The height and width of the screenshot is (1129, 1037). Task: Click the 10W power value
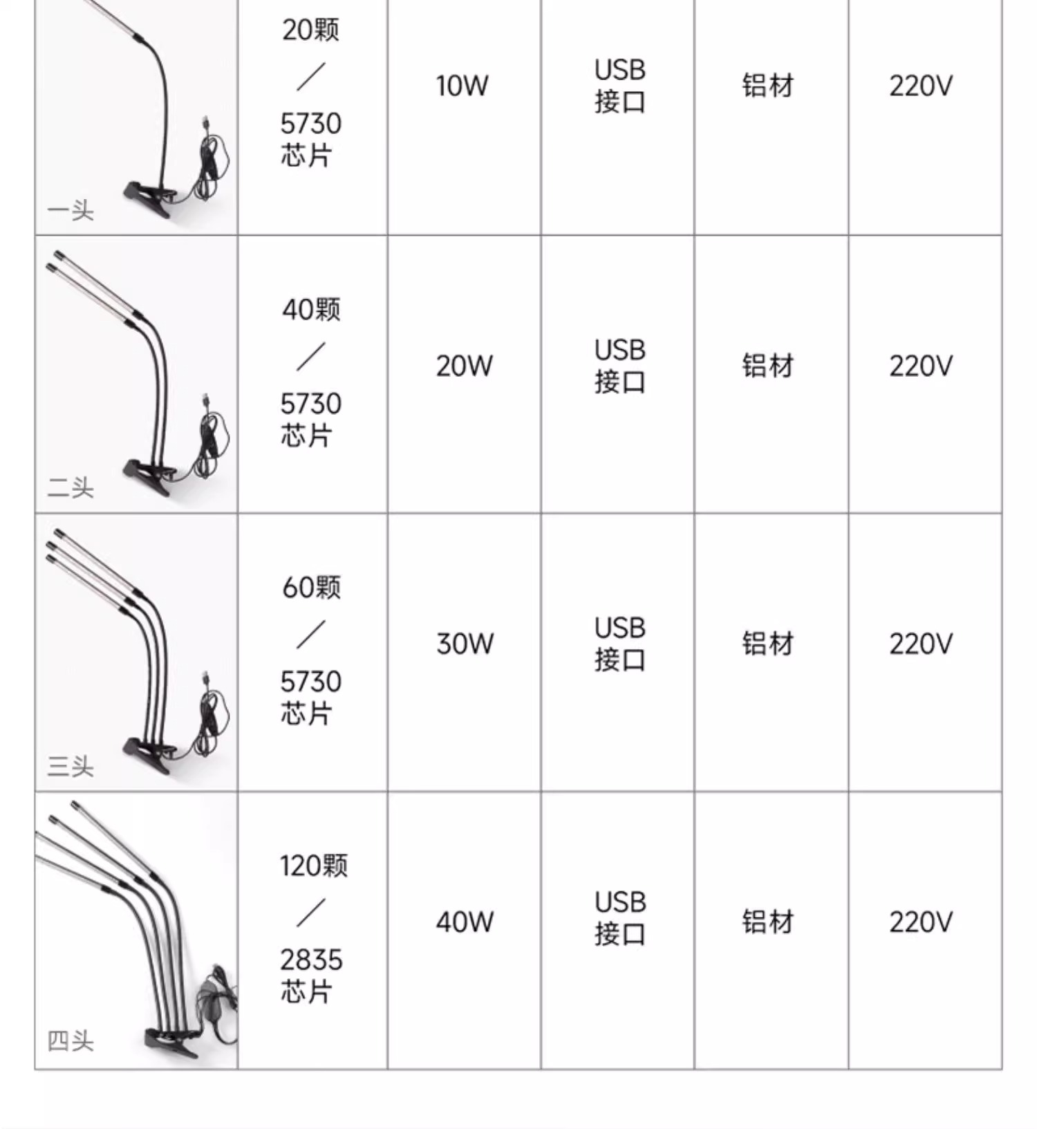coord(462,86)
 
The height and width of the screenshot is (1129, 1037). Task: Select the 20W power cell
coord(464,366)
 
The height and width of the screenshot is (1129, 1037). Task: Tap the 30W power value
coord(465,644)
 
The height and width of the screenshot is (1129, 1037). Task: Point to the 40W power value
coord(465,922)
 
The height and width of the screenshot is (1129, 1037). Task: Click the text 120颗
coord(313,866)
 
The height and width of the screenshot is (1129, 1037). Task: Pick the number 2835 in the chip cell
coord(311,960)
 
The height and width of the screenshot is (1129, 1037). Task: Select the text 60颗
coord(311,588)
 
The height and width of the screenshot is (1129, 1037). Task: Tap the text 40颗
coord(311,309)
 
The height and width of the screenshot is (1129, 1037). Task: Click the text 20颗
coord(311,30)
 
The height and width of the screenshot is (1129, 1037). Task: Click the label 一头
coord(71,210)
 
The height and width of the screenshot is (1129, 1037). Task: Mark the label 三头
coord(71,766)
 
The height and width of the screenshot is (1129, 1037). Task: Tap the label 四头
coord(71,1041)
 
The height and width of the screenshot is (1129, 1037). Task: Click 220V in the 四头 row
coord(921,922)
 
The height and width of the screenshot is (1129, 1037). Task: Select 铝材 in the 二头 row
coord(767,366)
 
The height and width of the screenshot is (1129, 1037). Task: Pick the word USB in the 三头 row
coord(619,628)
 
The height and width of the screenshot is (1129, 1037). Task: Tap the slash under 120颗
coord(311,913)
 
